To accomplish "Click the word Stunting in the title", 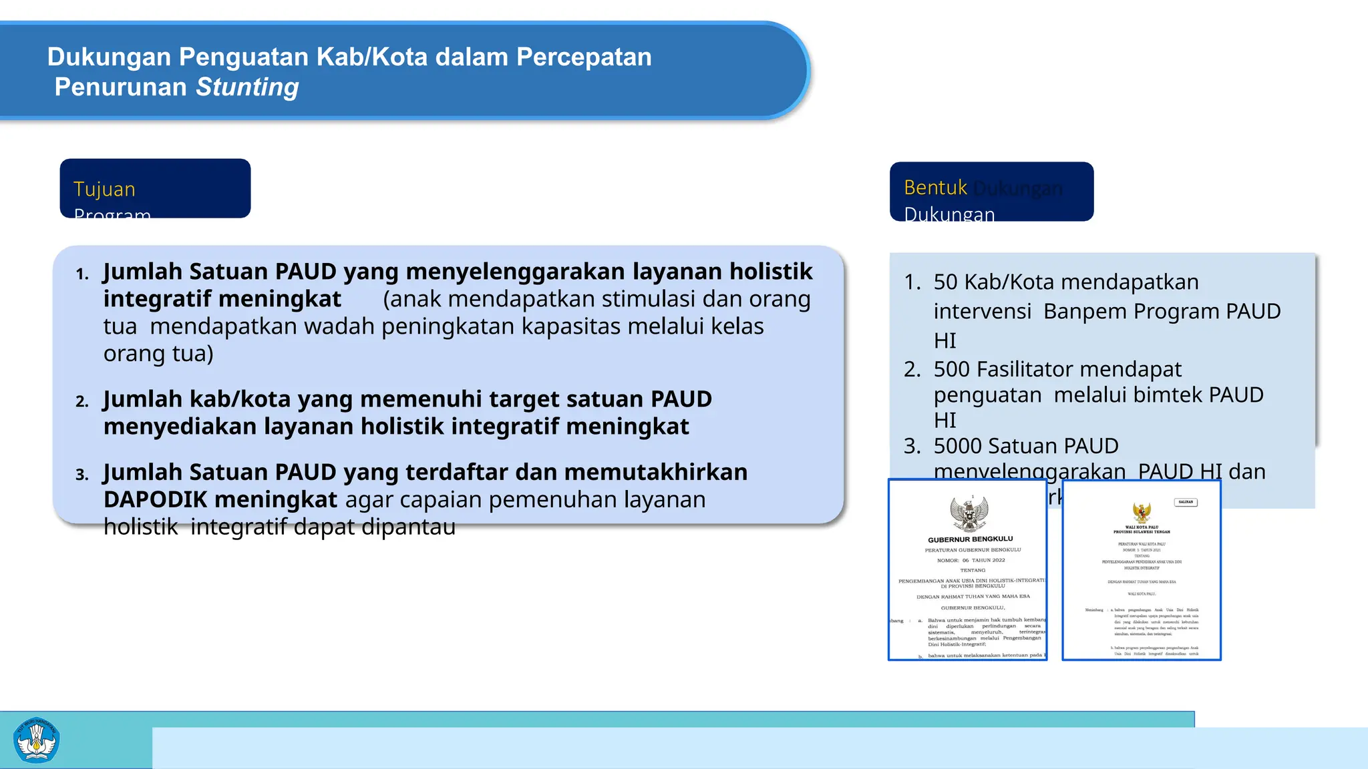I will (x=247, y=87).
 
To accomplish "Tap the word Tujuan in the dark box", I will (x=104, y=190).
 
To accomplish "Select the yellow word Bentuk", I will (x=935, y=188).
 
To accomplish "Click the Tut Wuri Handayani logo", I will (x=37, y=740).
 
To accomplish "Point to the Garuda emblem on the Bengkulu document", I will (x=969, y=513).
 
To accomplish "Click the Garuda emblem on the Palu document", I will (x=1142, y=513).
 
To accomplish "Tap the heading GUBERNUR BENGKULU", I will (x=970, y=539).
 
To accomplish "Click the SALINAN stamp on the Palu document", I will (x=1186, y=502).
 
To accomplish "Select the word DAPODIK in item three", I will (x=156, y=499).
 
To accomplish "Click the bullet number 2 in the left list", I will (x=82, y=401).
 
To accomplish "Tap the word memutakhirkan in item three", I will (x=656, y=472).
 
